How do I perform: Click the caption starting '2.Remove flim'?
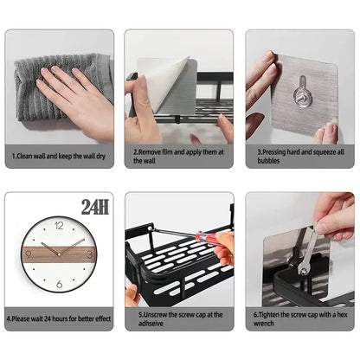click(178, 156)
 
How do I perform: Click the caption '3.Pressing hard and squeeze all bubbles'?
click(299, 156)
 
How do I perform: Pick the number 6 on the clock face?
click(59, 284)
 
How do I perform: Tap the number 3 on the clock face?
click(88, 255)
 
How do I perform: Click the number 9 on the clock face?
click(29, 255)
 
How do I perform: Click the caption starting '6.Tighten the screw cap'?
click(299, 318)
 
